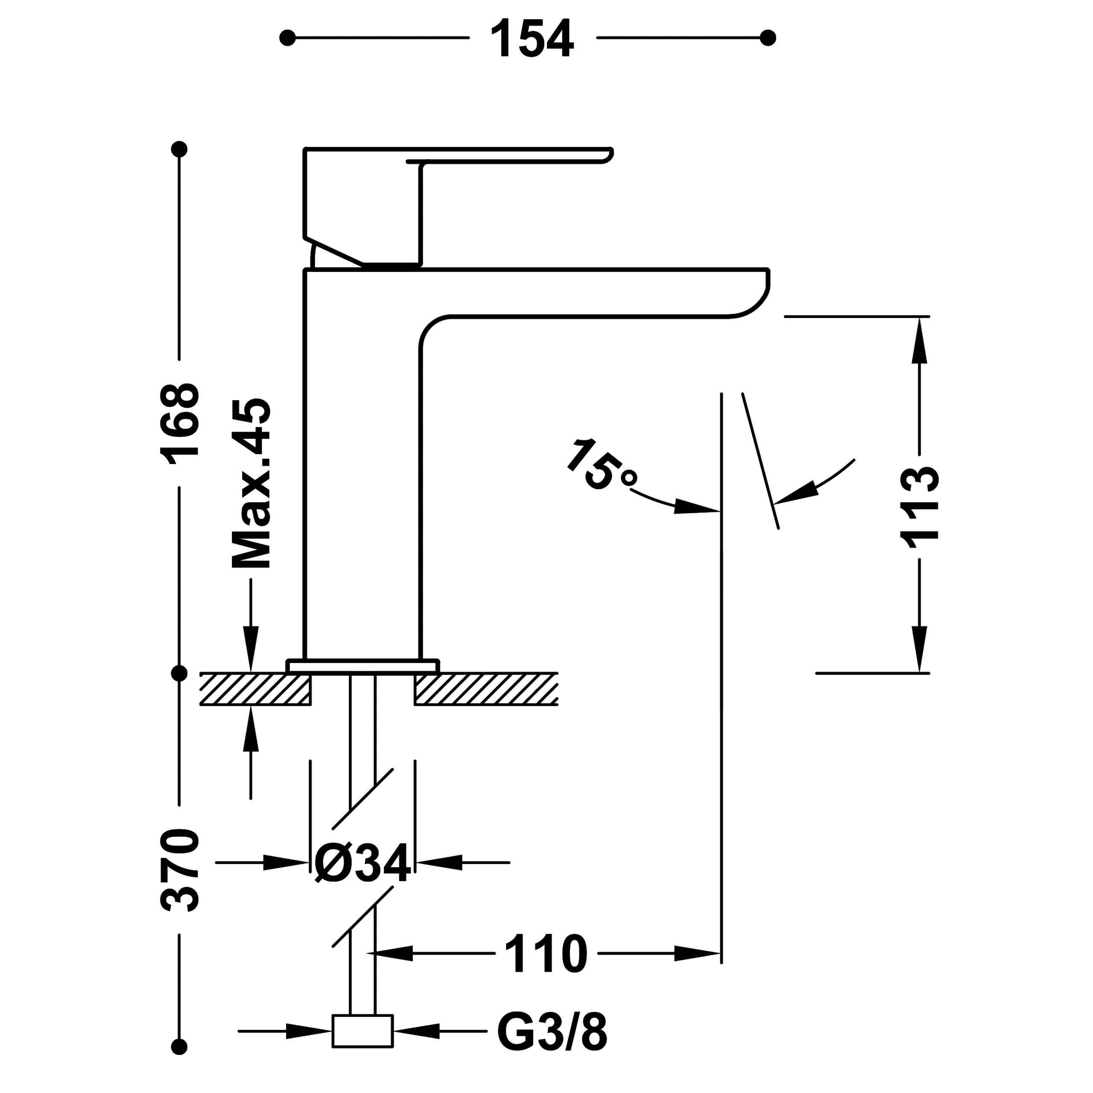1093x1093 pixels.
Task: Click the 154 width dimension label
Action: tap(532, 38)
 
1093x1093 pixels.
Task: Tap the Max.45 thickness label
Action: tap(251, 484)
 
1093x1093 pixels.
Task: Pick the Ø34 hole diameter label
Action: tap(362, 863)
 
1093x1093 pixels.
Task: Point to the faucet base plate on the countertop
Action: tap(362, 666)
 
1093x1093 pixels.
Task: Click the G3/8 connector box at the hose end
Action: tap(362, 1032)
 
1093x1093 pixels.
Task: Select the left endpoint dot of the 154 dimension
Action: tap(287, 38)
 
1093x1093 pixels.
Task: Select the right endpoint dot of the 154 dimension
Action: tap(768, 38)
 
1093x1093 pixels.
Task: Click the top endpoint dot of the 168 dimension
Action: tap(179, 149)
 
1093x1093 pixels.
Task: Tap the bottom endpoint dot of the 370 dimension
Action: tap(179, 1046)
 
